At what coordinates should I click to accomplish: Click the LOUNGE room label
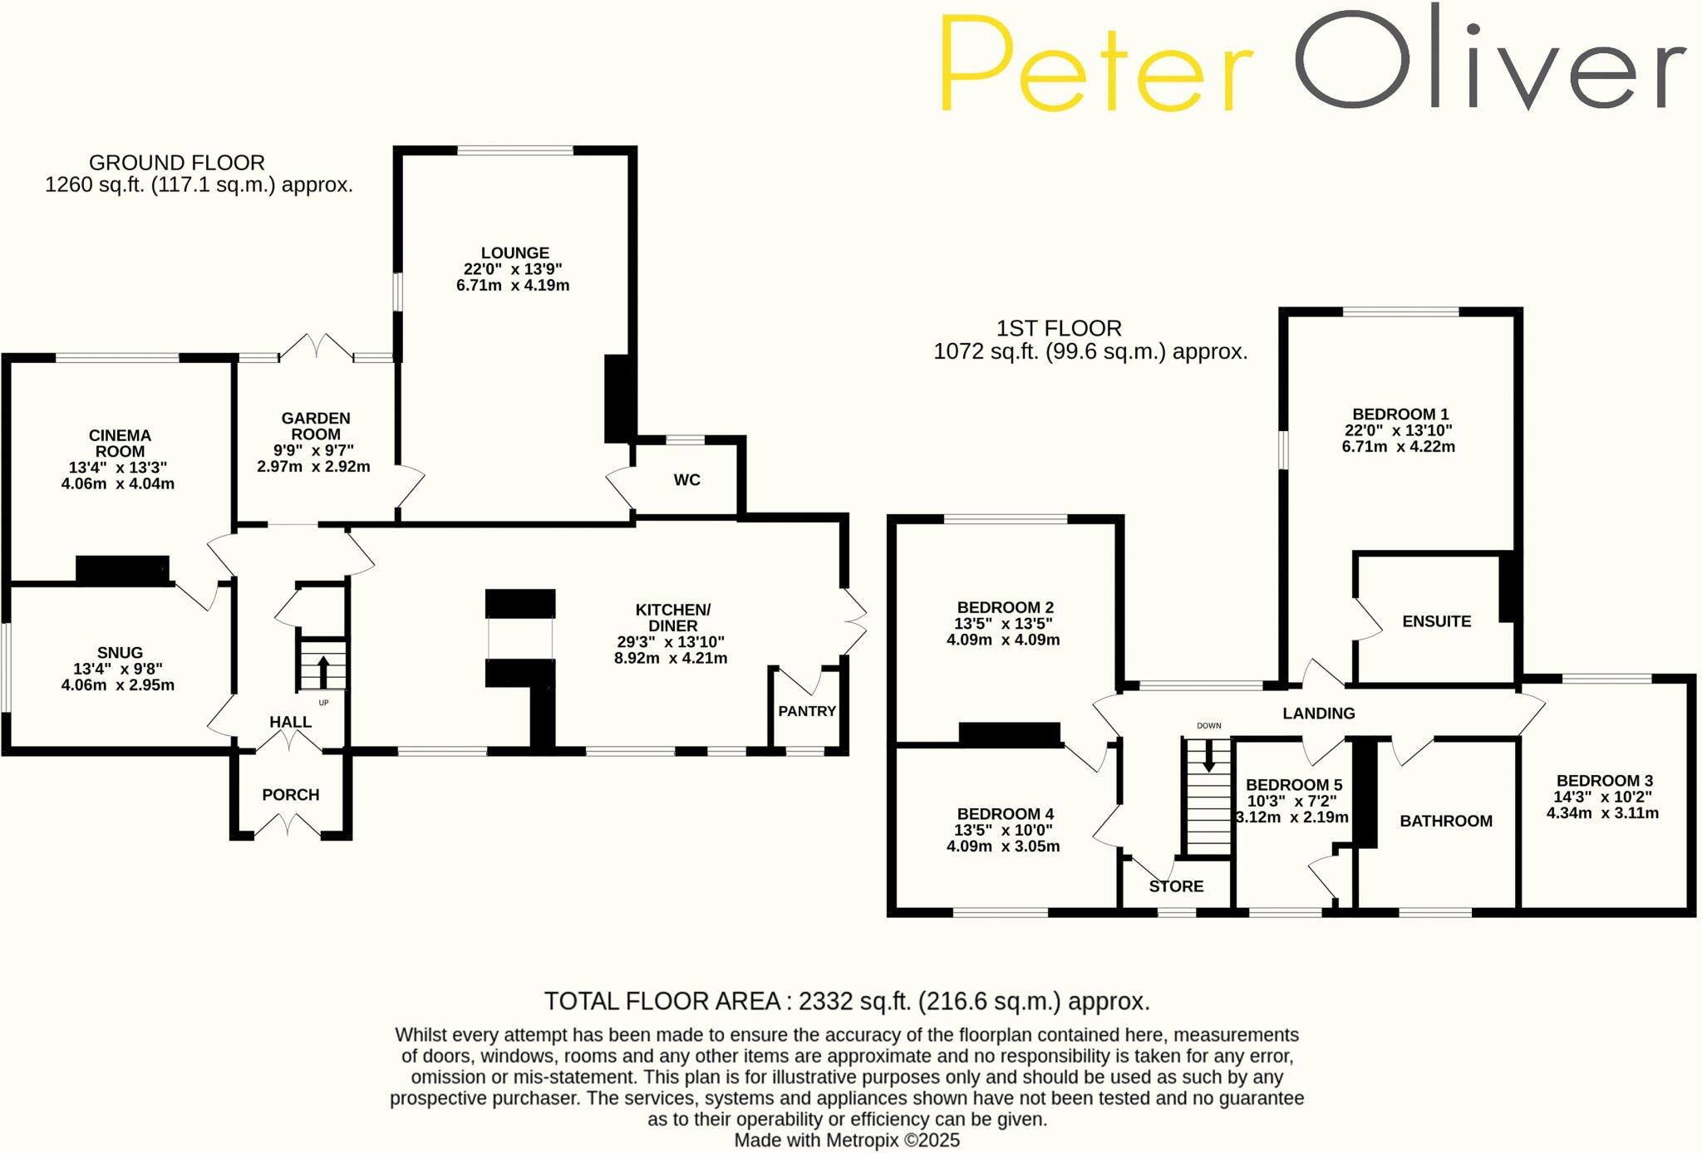point(514,253)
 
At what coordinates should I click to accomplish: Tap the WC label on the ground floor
point(686,480)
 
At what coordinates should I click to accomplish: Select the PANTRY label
point(807,711)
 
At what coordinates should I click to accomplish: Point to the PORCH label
point(291,795)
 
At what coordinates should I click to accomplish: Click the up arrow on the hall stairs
point(322,670)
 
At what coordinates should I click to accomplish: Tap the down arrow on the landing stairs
point(1209,755)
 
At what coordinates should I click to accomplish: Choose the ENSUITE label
point(1436,621)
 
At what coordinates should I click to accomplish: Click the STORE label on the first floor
point(1176,886)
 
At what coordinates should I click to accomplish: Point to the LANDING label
point(1318,714)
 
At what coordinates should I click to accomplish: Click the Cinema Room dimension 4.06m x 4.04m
point(118,484)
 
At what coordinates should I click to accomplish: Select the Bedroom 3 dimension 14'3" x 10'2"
point(1602,797)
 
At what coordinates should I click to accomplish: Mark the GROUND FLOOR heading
point(177,163)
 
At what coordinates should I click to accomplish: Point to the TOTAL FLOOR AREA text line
point(847,1002)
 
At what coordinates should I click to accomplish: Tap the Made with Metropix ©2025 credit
point(847,1141)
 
